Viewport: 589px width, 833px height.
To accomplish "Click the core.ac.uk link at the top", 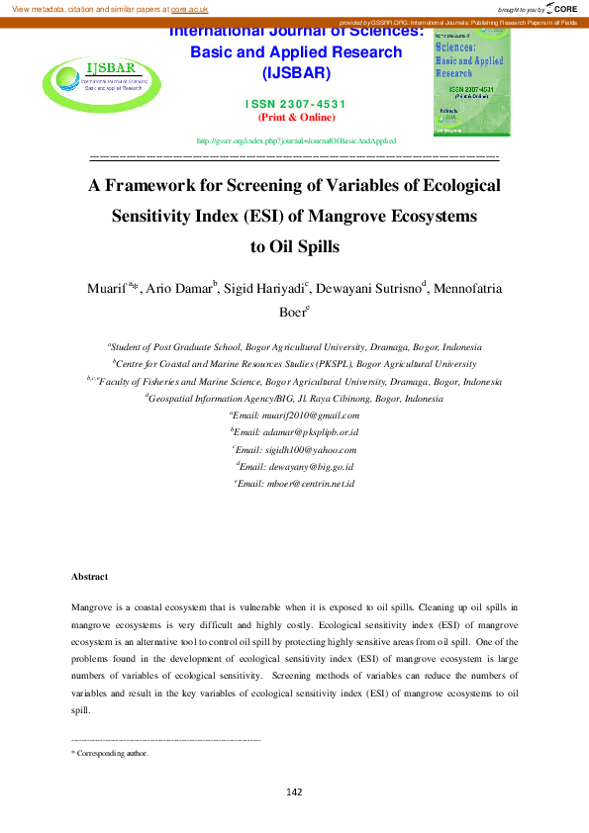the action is click(189, 8).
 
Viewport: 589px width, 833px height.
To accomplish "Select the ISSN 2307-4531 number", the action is click(297, 104).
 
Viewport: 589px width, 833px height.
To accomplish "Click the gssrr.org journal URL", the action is click(297, 141).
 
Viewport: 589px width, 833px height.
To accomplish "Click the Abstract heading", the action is click(89, 576).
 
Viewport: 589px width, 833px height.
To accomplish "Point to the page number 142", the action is click(294, 791).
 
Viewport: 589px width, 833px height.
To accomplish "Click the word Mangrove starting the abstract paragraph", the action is click(91, 604).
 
